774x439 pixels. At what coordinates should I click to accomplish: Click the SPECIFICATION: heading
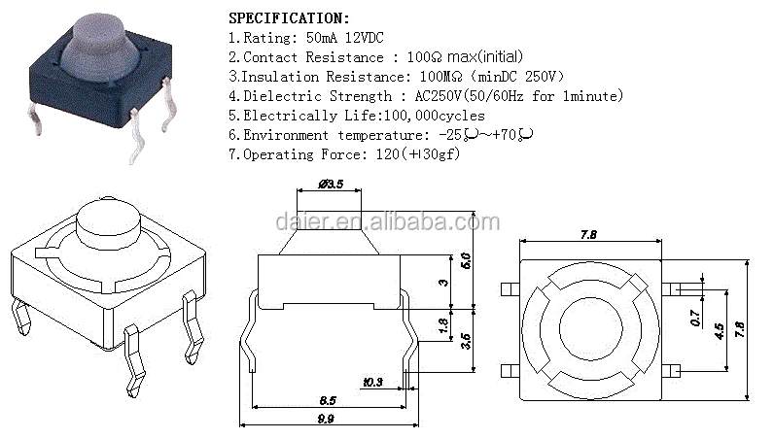[x=289, y=18]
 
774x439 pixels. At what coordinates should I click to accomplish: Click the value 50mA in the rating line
[x=321, y=38]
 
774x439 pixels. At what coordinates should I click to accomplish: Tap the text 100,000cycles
[x=435, y=116]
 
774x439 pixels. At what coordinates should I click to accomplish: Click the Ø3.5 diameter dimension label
[x=331, y=184]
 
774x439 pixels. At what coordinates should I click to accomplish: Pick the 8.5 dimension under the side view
[x=328, y=400]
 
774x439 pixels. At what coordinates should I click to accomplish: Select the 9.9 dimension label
[x=326, y=419]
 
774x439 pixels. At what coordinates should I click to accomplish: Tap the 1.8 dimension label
[x=443, y=325]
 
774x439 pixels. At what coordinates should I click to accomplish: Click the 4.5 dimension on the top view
[x=720, y=331]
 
